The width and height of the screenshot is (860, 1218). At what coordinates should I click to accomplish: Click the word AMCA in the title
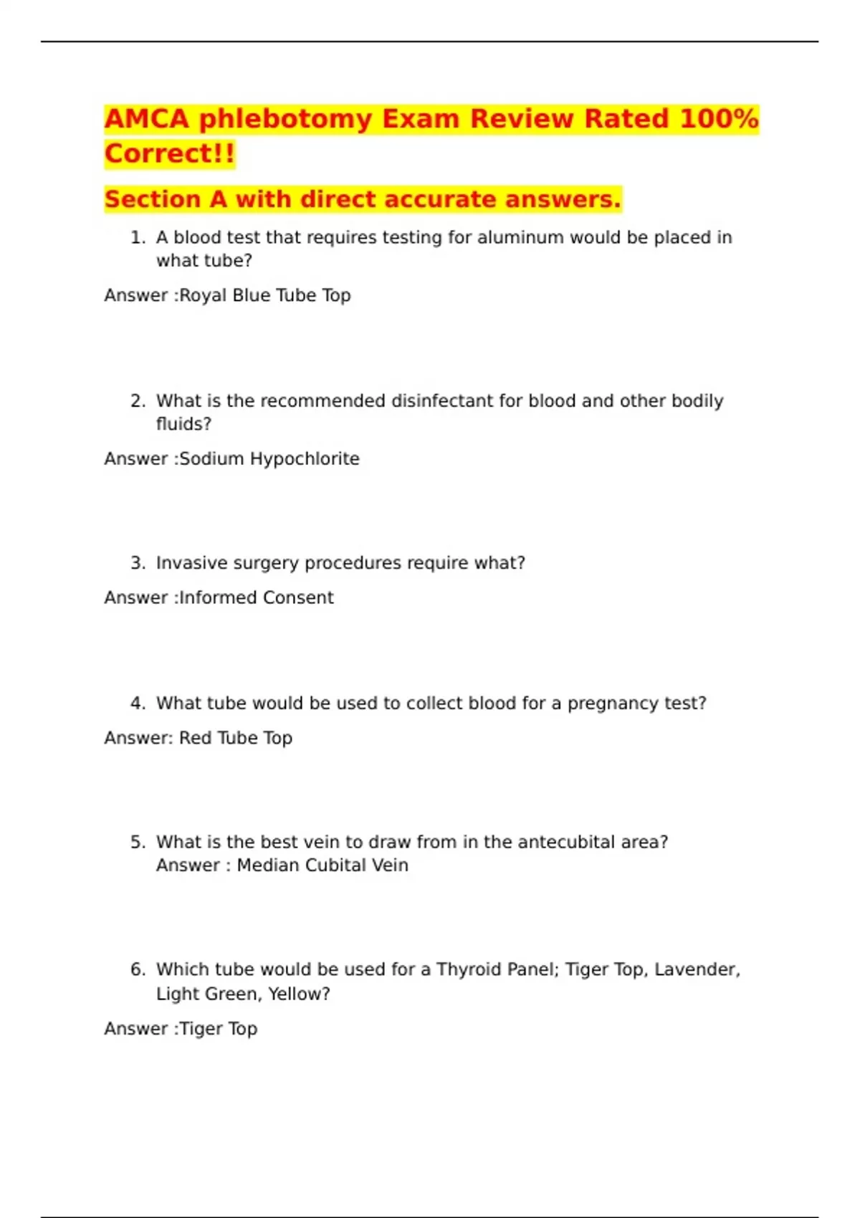pos(147,119)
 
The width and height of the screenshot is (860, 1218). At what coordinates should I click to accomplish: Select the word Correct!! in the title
pos(170,154)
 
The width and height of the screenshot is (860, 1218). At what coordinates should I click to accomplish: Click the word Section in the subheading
pos(152,199)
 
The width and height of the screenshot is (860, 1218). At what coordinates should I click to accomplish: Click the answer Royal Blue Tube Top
pos(264,295)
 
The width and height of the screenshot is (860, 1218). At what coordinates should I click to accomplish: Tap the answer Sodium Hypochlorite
pos(269,459)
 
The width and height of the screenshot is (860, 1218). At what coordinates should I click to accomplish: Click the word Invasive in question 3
pos(187,563)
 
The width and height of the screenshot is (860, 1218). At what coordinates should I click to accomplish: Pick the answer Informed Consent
pos(256,598)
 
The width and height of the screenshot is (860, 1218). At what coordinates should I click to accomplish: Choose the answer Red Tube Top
pos(236,738)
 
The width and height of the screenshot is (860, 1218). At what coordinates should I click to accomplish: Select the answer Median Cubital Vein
pos(322,865)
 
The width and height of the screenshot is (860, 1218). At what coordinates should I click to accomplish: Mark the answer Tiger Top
pos(218,1029)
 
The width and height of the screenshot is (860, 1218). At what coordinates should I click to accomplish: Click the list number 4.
pos(138,704)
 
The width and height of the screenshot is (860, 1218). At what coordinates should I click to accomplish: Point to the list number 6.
pos(138,969)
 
